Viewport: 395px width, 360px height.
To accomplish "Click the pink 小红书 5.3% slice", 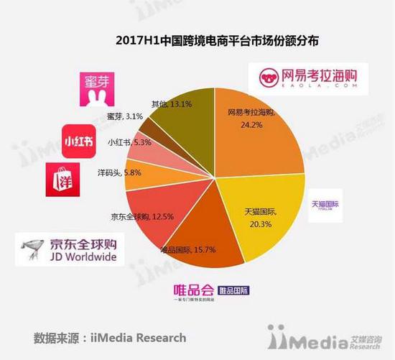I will pos(147,147).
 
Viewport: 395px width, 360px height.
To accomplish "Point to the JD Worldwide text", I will pos(82,258).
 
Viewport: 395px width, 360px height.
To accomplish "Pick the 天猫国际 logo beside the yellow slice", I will pos(326,204).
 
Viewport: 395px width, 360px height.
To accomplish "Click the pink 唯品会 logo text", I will pos(194,290).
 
